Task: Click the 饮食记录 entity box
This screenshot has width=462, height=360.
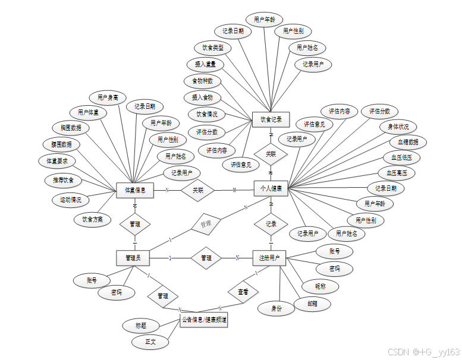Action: coord(271,119)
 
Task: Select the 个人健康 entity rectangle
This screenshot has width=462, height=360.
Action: coord(271,189)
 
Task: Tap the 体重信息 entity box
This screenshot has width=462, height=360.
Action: coord(135,190)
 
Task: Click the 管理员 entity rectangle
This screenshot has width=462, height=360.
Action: coord(133,258)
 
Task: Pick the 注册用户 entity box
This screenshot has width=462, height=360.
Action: coord(269,258)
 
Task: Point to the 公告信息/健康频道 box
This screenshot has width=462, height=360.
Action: coord(203,320)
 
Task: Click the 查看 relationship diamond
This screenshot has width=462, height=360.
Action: coord(243,292)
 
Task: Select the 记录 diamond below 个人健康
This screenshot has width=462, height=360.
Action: coord(271,225)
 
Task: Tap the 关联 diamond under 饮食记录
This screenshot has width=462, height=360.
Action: coord(271,154)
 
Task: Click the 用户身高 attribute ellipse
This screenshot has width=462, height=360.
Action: coord(108,97)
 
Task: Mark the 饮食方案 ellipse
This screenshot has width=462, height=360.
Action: coord(96,219)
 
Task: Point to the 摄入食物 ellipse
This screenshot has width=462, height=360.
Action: coord(202,97)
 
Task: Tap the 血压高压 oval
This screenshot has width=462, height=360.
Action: coord(397,173)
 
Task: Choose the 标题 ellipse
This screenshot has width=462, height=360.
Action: coord(140,326)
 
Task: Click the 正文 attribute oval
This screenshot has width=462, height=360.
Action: coord(150,343)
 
